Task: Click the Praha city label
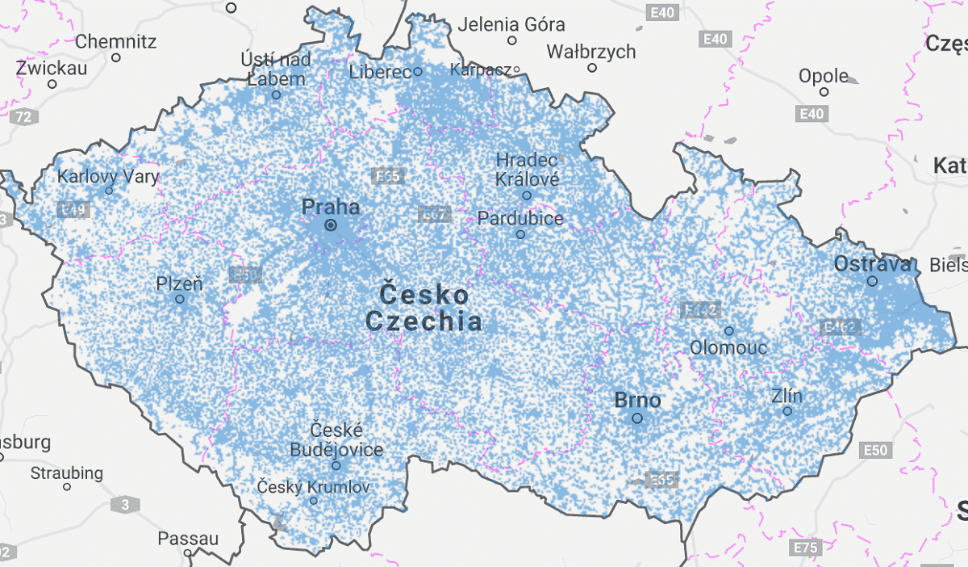coord(331,207)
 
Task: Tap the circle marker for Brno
coord(637,418)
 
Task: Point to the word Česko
coord(424,293)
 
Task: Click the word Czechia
coord(424,321)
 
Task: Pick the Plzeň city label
coord(179,283)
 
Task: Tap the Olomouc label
coord(728,348)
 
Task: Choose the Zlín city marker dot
coord(787,411)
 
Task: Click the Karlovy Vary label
coord(108,176)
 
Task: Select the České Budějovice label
coord(336,439)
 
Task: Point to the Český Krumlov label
coord(313,487)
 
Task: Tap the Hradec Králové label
coord(527,169)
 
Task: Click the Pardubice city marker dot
coord(520,234)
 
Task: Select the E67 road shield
coord(434,214)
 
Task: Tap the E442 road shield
coord(700,309)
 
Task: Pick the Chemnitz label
coord(116,41)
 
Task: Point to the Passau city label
coord(188,538)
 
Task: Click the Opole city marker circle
coord(824,91)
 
